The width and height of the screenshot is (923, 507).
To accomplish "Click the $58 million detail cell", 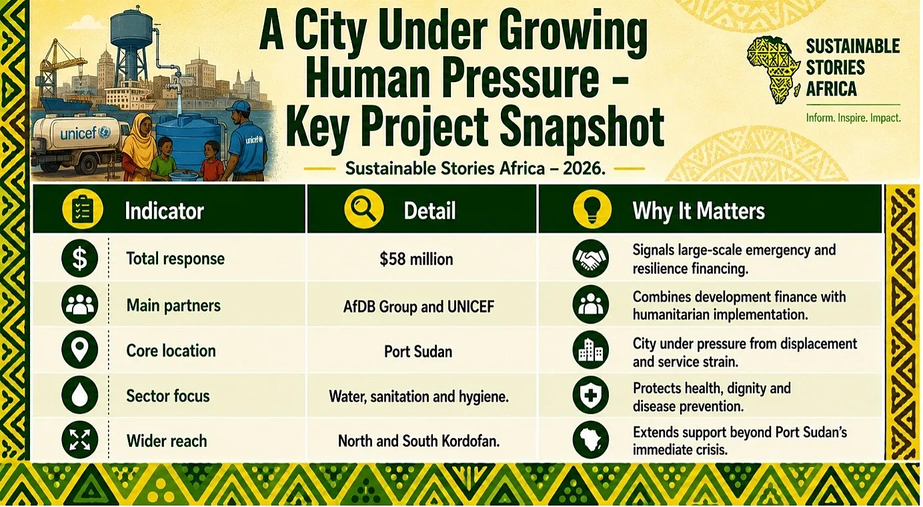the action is pos(416,260).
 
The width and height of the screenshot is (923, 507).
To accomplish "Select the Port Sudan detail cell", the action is pos(418,352).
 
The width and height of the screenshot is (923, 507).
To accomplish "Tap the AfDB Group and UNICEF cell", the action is pos(418,306).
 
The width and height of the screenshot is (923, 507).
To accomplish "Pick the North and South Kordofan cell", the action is pos(419,441).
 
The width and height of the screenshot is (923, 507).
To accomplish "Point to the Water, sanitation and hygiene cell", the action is pos(419,396).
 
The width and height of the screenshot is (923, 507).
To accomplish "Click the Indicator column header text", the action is pos(164,211).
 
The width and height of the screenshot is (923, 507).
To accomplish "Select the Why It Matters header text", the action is pos(698,211).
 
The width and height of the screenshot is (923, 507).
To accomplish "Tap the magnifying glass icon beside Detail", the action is pos(363,209).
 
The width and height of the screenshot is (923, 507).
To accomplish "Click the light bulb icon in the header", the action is pos(592,209).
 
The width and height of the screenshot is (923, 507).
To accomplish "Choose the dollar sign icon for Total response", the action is pos(79,258).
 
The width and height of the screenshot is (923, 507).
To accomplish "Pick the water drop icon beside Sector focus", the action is pos(79,395).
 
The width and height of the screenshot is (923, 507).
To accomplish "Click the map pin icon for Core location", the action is pos(79,350).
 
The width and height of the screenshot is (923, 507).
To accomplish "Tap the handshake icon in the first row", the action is pos(590,258).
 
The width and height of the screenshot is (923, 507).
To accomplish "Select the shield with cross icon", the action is pos(590,395).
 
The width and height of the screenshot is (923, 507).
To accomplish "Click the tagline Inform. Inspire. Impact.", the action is pos(853,118).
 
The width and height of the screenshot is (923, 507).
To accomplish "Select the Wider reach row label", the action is pos(167,441).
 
